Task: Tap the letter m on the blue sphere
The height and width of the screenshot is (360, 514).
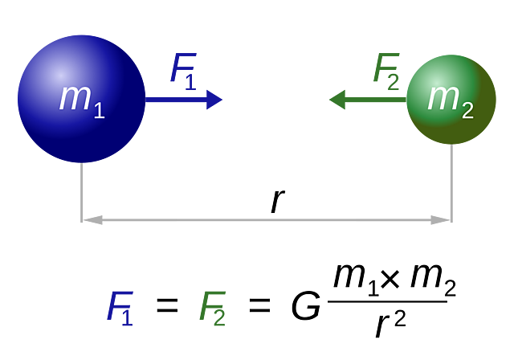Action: [74, 97]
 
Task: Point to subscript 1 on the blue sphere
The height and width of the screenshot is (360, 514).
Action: [99, 110]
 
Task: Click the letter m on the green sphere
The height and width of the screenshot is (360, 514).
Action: [443, 96]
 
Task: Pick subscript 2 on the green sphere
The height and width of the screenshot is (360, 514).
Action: [467, 110]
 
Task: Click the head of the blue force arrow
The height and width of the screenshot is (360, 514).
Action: [214, 100]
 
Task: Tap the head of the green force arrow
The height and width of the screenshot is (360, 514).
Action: [337, 100]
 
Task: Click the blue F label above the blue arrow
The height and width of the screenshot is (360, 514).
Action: [183, 67]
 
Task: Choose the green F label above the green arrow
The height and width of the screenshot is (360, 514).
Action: [386, 67]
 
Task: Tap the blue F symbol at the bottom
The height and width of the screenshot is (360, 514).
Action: [120, 307]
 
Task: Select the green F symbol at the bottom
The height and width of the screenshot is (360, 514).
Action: [213, 307]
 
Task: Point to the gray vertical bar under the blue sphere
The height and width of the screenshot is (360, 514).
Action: [81, 193]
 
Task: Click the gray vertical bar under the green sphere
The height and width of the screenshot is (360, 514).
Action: [451, 185]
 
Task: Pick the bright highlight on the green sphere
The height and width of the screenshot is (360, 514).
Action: [434, 81]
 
